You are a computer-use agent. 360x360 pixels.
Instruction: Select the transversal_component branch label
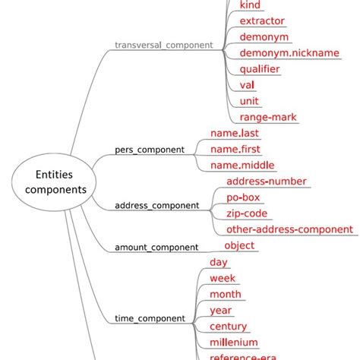coord(163,45)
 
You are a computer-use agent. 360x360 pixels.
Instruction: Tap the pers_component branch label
coord(149,150)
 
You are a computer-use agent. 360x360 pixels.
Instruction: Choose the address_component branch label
coord(156,205)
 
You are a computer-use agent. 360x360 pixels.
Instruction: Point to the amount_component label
coord(156,247)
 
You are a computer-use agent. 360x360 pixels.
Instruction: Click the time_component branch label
coord(149,318)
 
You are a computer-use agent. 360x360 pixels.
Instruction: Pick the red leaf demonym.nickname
coord(278,53)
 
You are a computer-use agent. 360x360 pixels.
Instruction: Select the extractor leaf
coord(262,21)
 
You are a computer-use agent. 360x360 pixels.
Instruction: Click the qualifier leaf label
coord(259,69)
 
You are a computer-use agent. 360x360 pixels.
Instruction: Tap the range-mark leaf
coord(267,117)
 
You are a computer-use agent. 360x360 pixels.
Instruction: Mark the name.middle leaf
coord(242,166)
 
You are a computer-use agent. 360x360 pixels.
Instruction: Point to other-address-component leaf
coord(289,229)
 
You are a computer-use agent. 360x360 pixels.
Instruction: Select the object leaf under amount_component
coord(239,245)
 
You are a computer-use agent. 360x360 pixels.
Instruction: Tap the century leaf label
coord(228,326)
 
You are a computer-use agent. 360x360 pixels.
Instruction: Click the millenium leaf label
coord(233,343)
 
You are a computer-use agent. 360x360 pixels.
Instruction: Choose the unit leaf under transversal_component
coord(249,101)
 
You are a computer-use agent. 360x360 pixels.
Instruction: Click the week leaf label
coord(223,278)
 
